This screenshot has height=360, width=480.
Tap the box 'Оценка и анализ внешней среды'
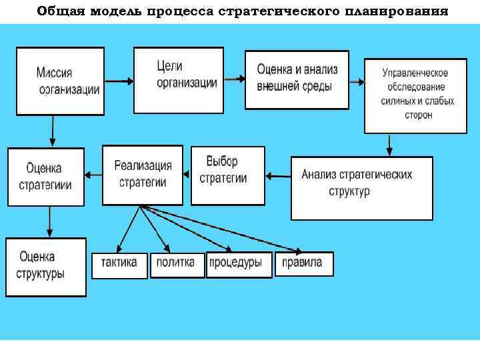pyautogui.click(x=297, y=79)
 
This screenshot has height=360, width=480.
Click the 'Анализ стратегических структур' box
pyautogui.click(x=362, y=187)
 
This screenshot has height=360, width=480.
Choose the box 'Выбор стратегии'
pyautogui.click(x=227, y=175)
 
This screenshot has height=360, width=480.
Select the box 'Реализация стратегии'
pyautogui.click(x=143, y=175)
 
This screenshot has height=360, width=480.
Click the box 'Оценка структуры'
pyautogui.click(x=46, y=267)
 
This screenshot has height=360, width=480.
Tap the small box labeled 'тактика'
pyautogui.click(x=119, y=264)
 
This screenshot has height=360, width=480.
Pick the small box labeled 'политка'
pyautogui.click(x=176, y=264)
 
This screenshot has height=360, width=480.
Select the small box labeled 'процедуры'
pyautogui.click(x=239, y=264)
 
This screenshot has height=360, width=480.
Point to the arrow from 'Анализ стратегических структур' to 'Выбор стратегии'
pyautogui.click(x=278, y=176)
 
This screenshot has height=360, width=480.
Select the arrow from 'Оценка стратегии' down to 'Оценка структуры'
pyautogui.click(x=49, y=221)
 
